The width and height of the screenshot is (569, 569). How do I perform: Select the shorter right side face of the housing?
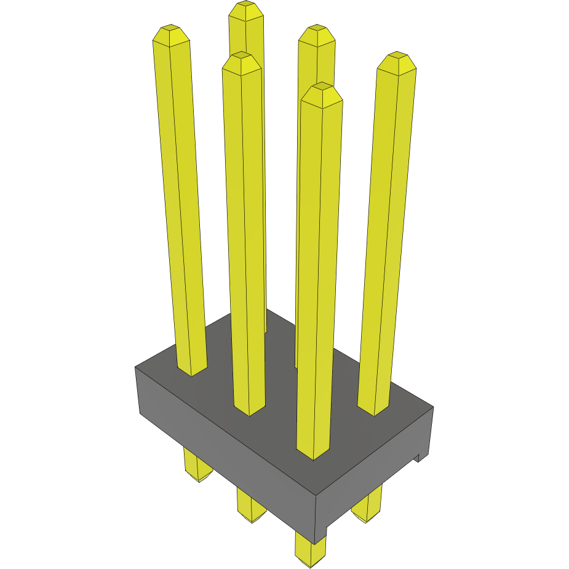tap(375, 474)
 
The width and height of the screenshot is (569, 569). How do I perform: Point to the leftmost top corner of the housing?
tap(135, 367)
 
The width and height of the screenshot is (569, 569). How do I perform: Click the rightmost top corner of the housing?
tap(433, 407)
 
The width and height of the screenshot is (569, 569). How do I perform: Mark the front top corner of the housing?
tap(316, 496)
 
